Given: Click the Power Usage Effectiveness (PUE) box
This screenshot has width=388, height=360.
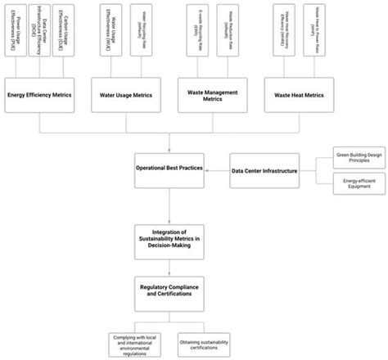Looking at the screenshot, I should click(x=16, y=31).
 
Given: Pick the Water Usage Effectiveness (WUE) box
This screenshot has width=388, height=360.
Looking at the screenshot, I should click(x=106, y=31).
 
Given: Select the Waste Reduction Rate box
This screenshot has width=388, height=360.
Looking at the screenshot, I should click(x=226, y=31).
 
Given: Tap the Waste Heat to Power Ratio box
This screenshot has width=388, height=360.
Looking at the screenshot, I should click(x=312, y=31).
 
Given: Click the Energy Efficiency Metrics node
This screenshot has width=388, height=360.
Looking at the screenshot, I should click(x=38, y=96).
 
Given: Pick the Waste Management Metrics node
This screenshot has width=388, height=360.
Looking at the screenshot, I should click(x=210, y=96).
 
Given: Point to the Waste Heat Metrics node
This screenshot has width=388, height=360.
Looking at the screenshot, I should click(x=296, y=96).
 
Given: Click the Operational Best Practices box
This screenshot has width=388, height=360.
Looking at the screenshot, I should click(x=169, y=168).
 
